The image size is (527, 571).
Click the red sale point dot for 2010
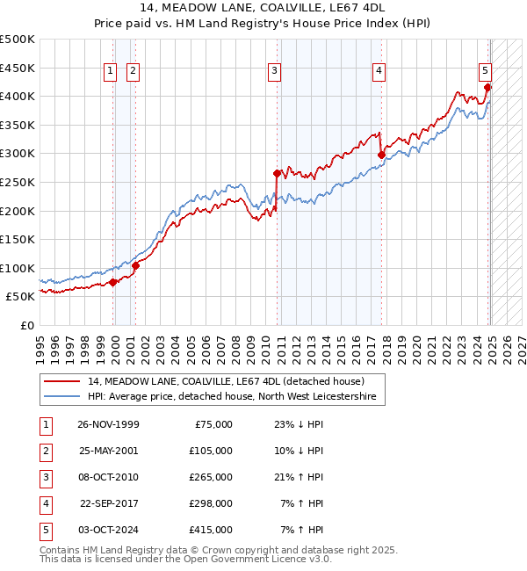[278, 173]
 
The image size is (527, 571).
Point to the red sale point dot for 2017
[381, 155]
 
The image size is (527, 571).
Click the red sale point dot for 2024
[487, 87]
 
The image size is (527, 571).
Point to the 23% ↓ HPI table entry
[299, 424]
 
